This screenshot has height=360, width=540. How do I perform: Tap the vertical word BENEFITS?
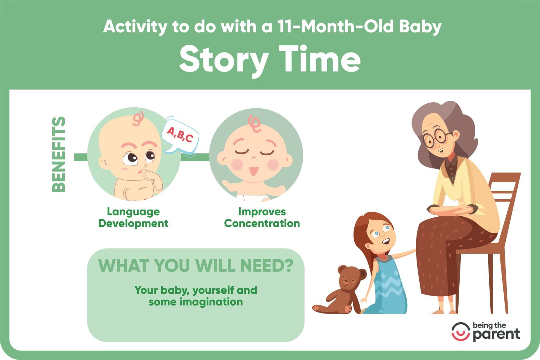tap(59, 154)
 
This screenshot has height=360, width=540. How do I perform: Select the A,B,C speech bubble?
tap(180, 136)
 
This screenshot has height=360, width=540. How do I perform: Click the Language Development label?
tap(133, 217)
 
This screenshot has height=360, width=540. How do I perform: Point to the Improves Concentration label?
tap(262, 217)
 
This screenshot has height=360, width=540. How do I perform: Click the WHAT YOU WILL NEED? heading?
tap(196, 265)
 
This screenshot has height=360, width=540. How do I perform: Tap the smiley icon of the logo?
tap(461, 332)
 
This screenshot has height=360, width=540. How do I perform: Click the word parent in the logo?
tap(496, 335)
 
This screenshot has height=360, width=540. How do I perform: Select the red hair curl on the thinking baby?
tap(138, 119)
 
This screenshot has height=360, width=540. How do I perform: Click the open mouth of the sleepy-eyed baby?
tap(253, 171)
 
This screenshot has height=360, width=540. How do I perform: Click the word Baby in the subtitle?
tap(420, 27)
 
